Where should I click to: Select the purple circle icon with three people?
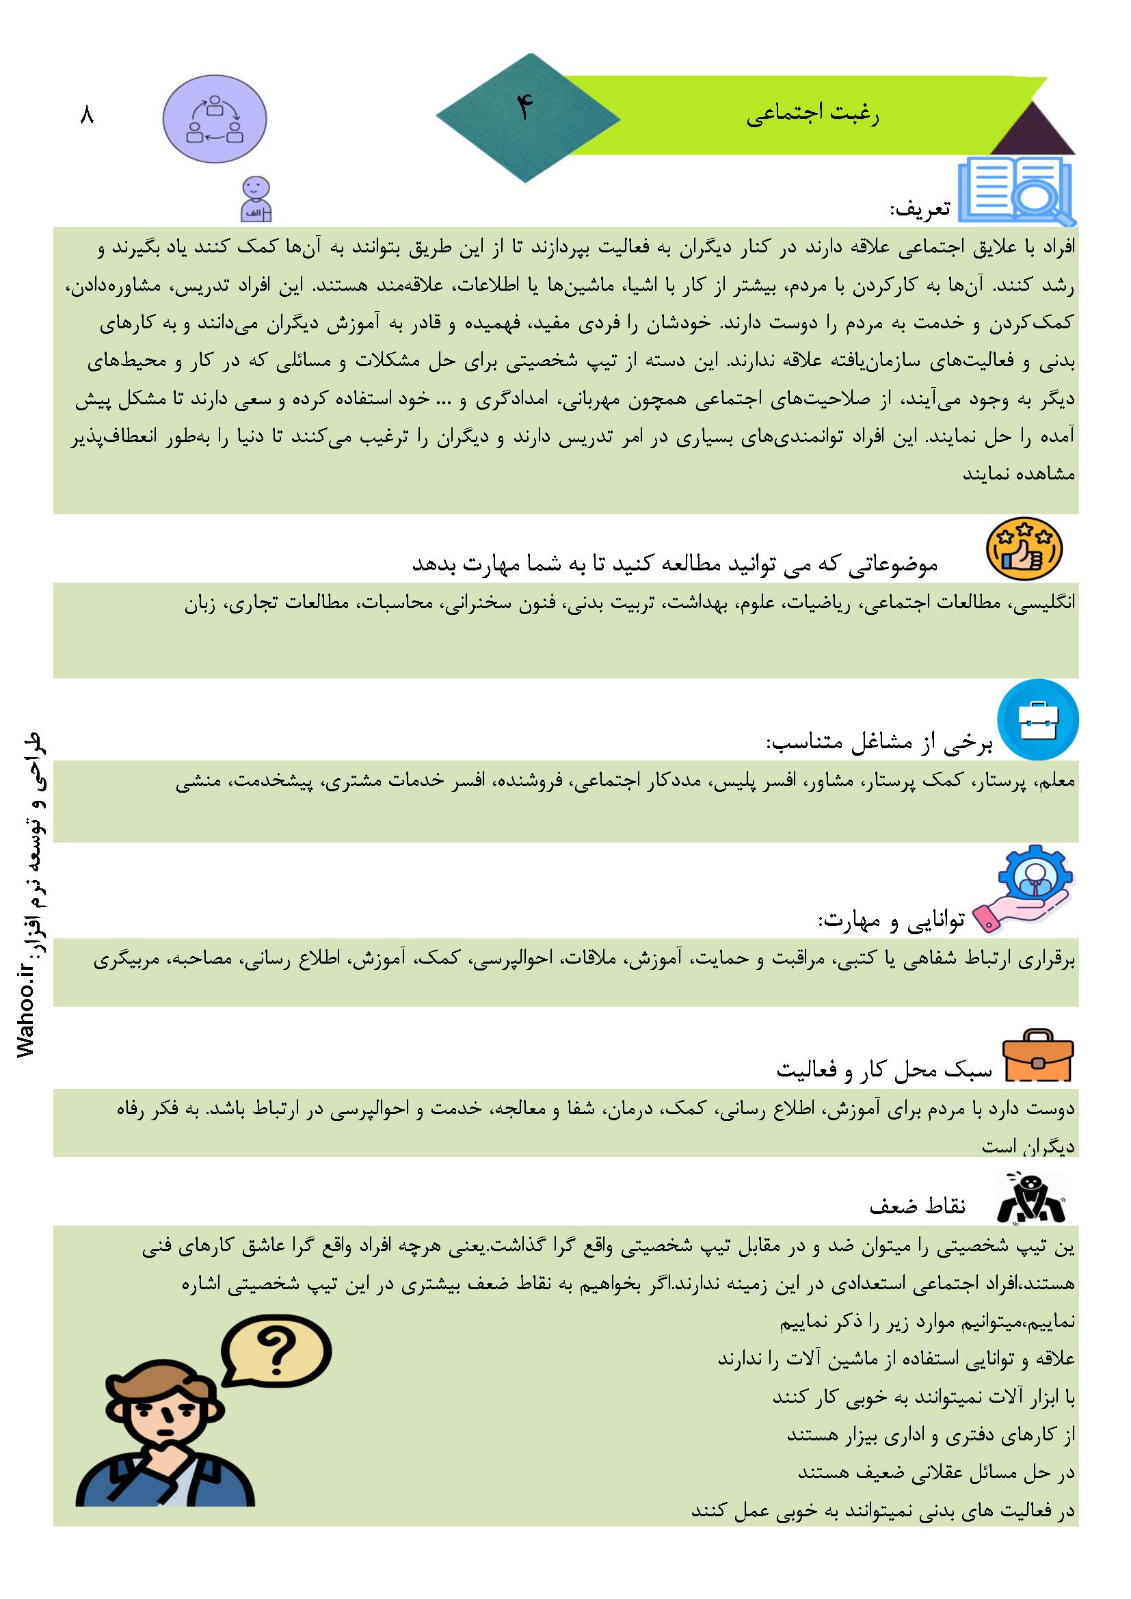tap(215, 119)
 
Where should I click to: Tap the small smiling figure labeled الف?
tap(256, 198)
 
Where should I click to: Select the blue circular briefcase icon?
tap(1038, 720)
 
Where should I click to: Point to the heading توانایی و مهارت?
tap(892, 921)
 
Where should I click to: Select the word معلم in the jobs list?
tap(1059, 782)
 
